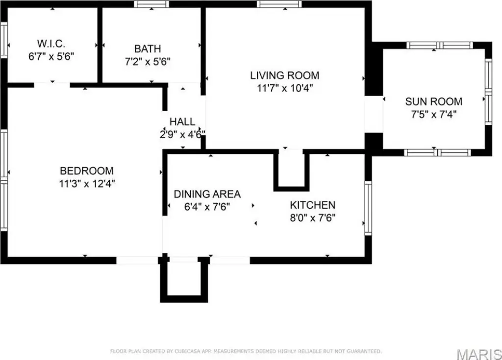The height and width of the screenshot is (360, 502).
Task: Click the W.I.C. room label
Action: coord(51,43)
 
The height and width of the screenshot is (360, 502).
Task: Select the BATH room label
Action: coord(148,49)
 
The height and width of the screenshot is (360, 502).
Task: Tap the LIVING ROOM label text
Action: coord(284,75)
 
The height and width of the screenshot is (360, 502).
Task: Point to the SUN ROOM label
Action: coord(433,102)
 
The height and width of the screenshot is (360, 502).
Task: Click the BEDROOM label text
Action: coord(86,171)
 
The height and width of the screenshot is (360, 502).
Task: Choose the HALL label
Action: coord(182,122)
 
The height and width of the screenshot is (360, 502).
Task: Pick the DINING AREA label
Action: coord(207,194)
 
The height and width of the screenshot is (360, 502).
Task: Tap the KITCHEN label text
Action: coord(312,205)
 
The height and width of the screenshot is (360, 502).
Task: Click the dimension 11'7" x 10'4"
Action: coord(285,88)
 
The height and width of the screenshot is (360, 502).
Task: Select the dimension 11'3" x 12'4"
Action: coord(87,184)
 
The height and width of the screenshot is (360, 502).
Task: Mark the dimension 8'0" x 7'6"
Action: coord(312,218)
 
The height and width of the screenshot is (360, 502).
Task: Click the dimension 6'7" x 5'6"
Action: coord(51,56)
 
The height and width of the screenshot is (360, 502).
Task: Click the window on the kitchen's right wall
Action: coord(368,208)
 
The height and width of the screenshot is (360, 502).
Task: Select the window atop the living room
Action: coord(278,4)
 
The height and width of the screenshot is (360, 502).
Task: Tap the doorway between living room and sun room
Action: coord(374,114)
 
